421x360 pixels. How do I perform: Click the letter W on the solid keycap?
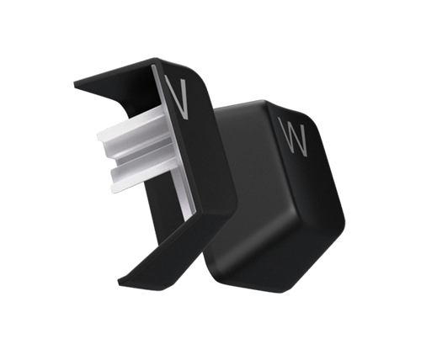292,136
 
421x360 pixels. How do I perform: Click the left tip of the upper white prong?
99,135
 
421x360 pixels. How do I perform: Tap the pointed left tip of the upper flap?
75,84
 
